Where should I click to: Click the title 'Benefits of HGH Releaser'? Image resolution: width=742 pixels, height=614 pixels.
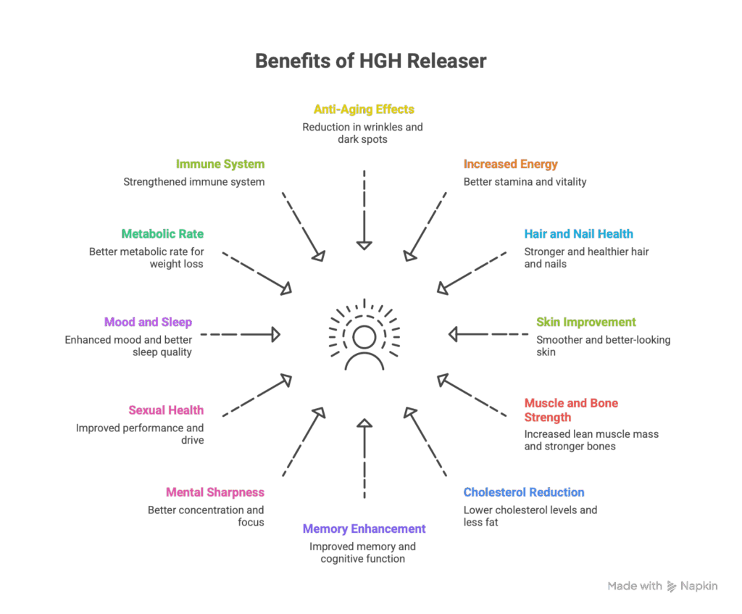pos(370,62)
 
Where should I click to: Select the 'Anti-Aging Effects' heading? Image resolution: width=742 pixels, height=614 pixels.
pos(364,109)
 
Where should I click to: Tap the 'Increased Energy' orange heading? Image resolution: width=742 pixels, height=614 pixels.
pos(511,165)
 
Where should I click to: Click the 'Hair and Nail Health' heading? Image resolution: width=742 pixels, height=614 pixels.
pos(578,234)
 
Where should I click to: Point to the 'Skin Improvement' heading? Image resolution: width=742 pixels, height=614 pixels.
pos(586,323)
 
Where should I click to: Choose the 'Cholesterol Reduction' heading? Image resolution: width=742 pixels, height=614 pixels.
pos(524,493)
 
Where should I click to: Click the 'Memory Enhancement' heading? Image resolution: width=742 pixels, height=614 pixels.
pos(364,529)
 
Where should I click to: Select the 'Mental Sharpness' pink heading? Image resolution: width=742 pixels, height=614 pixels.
pos(215,493)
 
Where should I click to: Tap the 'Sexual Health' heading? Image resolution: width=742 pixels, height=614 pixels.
pos(166,410)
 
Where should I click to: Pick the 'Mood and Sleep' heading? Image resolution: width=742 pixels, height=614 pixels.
pos(148,323)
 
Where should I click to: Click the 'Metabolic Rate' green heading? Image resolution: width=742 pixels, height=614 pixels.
pos(162,234)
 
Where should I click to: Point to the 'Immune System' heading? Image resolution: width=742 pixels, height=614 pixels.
pos(220,165)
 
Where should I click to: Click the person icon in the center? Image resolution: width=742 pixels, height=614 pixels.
pos(364,349)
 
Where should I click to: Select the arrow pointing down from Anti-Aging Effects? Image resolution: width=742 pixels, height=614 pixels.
pos(364,210)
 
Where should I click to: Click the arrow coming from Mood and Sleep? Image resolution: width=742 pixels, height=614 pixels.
pos(240,334)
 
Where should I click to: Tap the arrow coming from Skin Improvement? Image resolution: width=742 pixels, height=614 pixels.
pos(488,334)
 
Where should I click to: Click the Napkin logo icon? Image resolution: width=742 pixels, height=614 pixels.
pos(672,586)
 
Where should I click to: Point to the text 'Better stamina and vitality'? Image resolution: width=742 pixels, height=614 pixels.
pos(525,182)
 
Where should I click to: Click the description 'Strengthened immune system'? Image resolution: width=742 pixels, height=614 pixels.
pos(193,182)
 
